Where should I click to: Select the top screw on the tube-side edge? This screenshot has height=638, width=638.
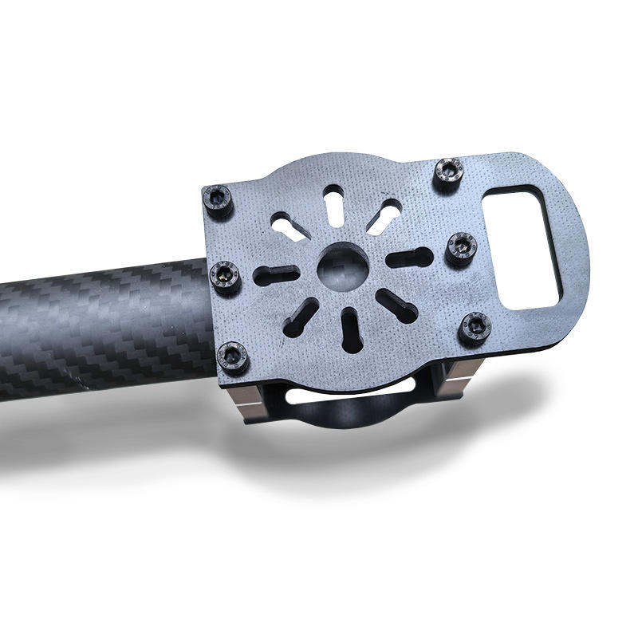(x=218, y=199)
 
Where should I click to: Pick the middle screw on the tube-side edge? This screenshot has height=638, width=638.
(x=224, y=275)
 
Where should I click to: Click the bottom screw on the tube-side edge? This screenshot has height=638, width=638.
(x=233, y=356)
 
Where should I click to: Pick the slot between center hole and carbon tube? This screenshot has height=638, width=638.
(x=276, y=276)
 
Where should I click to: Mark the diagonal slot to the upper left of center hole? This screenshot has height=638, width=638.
(x=288, y=226)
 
